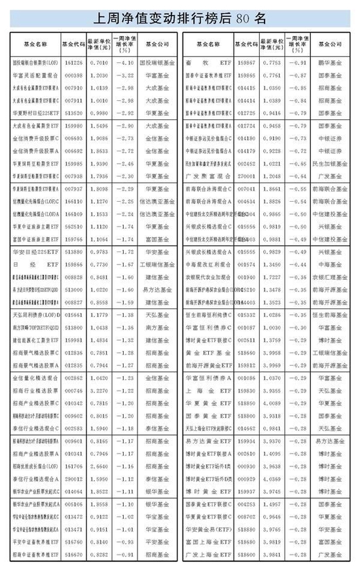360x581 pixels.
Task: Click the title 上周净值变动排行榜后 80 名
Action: pos(180,17)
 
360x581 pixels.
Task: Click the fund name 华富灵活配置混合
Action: pos(34,75)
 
